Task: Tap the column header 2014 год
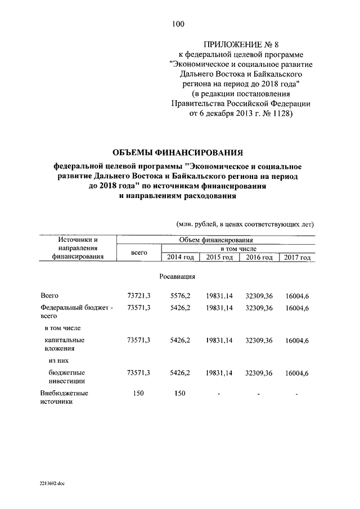pos(181,257)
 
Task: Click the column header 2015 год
pos(219,257)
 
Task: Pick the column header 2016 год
pos(259,257)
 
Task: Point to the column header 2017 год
pos(297,257)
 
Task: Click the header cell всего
pos(138,253)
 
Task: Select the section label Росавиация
pos(177,277)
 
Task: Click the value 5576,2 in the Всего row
pos(181,296)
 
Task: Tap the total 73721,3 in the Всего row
pos(138,296)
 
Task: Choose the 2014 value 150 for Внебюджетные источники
pos(181,393)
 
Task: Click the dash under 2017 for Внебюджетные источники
pos(296,394)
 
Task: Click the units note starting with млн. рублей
pos(245,223)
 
